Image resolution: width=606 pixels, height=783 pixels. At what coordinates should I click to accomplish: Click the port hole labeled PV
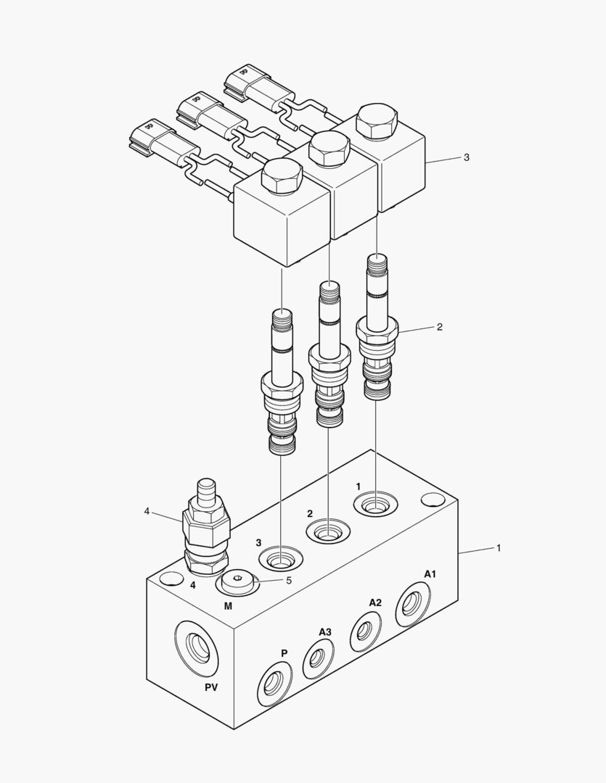[x=197, y=646]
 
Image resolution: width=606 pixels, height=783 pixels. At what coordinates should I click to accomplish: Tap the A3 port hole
[x=317, y=658]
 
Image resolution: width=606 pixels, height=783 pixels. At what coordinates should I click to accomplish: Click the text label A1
[x=430, y=573]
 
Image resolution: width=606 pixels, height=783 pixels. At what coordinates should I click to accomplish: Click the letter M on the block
[x=228, y=604]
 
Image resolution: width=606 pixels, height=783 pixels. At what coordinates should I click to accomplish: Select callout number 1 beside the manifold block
[x=499, y=548]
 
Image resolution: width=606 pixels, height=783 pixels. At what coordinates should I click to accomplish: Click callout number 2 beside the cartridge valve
[x=439, y=327]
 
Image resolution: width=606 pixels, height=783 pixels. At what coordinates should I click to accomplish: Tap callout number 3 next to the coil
[x=467, y=157]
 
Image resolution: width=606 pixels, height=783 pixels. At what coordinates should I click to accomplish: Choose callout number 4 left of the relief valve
[x=147, y=511]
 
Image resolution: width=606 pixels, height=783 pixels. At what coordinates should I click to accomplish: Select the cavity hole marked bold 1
[x=375, y=504]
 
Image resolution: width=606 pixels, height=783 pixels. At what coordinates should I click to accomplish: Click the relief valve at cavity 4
[x=207, y=529]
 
